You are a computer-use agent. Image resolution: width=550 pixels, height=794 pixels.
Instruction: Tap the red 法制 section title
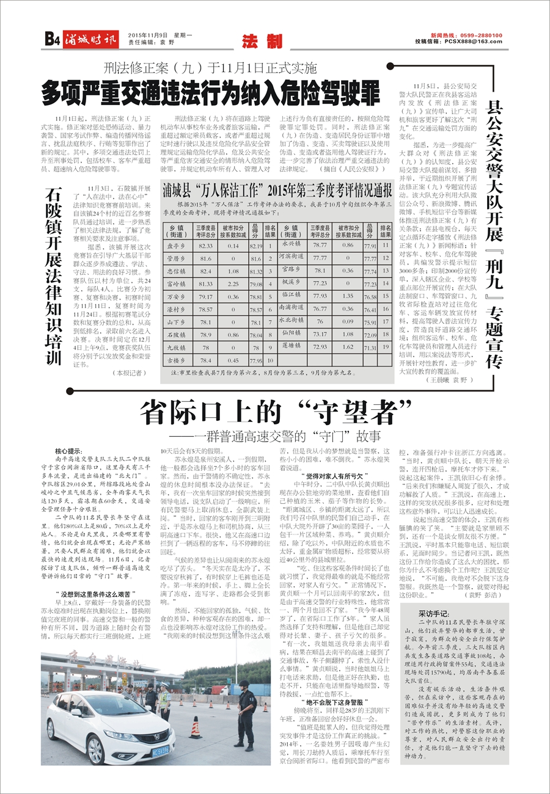(262, 42)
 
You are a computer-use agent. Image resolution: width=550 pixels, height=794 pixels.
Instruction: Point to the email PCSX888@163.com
(474, 42)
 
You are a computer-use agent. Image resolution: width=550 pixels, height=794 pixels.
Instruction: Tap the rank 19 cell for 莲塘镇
(386, 346)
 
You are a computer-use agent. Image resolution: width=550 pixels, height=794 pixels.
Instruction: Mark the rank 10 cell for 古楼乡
(269, 361)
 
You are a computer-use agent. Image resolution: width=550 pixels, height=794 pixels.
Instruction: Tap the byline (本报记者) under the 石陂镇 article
(127, 372)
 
